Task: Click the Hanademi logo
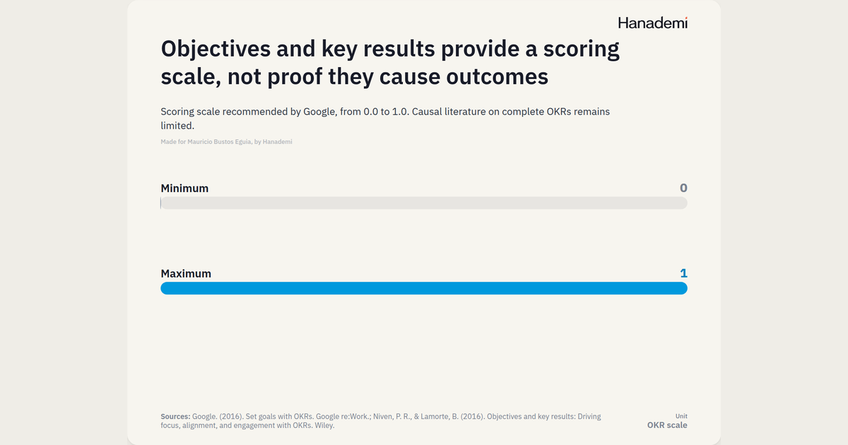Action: coord(653,23)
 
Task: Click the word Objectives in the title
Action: coord(216,49)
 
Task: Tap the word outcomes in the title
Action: coord(497,76)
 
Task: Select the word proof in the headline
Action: coord(294,77)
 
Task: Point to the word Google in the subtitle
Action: coord(319,112)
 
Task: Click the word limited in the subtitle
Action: coord(177,126)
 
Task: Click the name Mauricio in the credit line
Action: coord(199,142)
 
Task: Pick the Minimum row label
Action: coord(184,188)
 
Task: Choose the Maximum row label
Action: coord(186,273)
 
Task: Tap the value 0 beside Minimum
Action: coord(683,188)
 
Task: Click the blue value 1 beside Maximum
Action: coord(684,273)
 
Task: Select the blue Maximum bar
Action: coord(424,288)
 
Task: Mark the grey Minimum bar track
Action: coord(424,203)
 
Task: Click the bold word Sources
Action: coord(175,417)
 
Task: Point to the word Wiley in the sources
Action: coord(324,426)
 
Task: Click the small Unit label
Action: coord(681,416)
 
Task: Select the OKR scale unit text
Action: coord(667,425)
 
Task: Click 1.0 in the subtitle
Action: coord(401,112)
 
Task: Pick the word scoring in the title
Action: coord(582,50)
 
